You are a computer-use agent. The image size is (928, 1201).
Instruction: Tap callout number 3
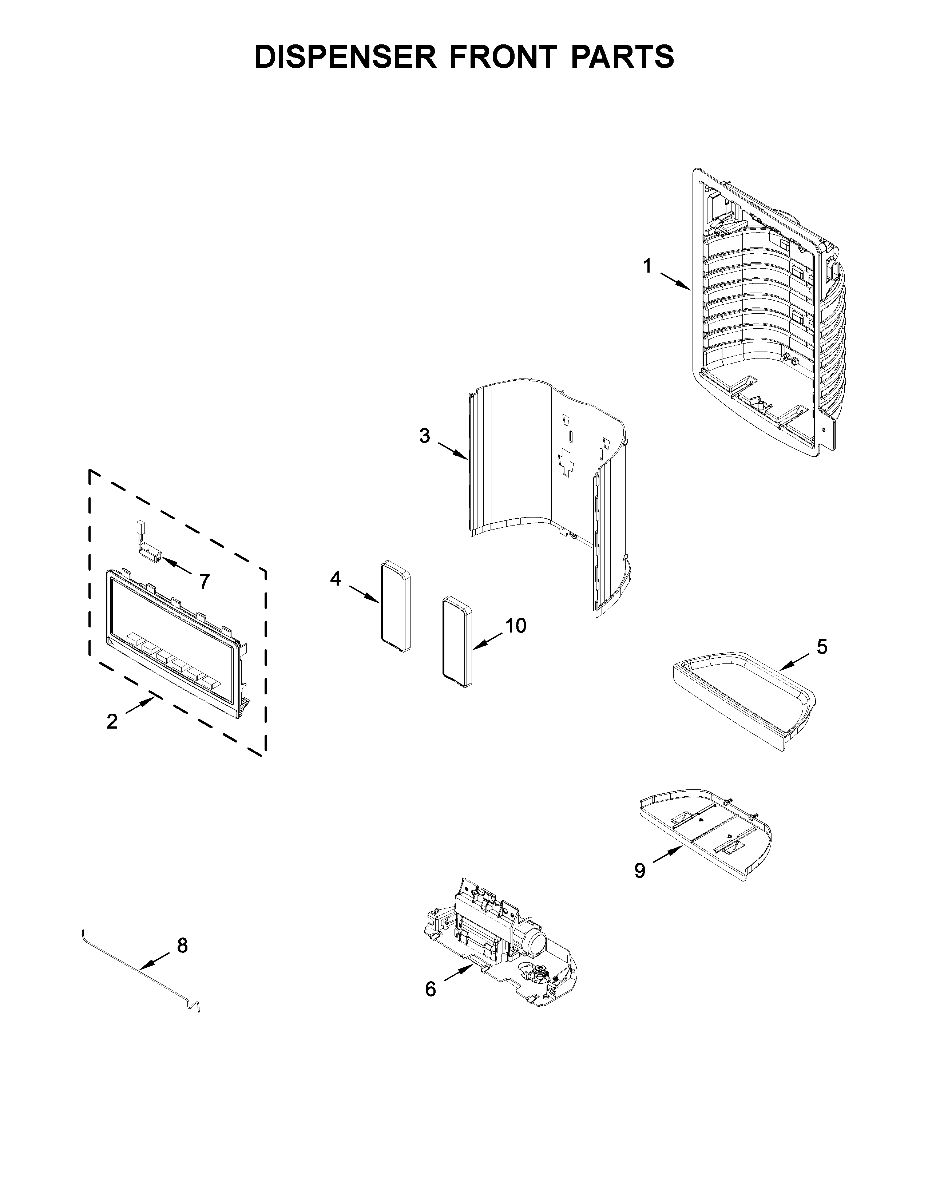pos(424,436)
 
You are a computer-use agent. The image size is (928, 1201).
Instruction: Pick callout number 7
pos(204,581)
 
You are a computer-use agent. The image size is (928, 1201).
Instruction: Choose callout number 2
pos(112,721)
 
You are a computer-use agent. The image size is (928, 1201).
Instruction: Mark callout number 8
pos(183,945)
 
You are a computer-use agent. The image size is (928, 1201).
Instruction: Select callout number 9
pos(639,871)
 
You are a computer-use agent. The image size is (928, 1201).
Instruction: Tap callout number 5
pos(821,647)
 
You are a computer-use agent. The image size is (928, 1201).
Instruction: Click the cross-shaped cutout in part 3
pos(566,460)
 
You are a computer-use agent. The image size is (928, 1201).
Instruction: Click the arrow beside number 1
pos(675,281)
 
